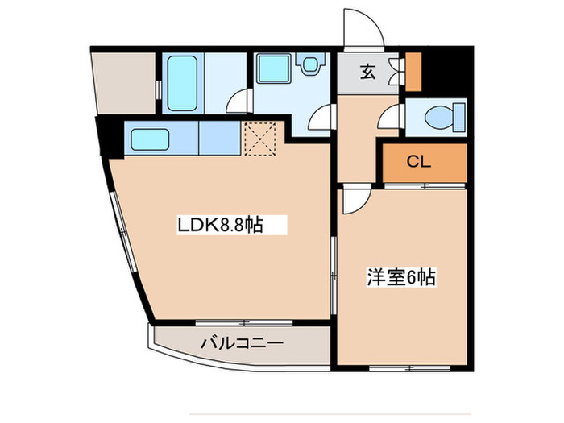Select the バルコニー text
pos(242,343)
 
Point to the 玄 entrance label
pos(367,73)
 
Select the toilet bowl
pos(441,118)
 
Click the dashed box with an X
pos(259,139)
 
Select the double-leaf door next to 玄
pos(393,72)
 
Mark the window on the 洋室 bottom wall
pos(409,368)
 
